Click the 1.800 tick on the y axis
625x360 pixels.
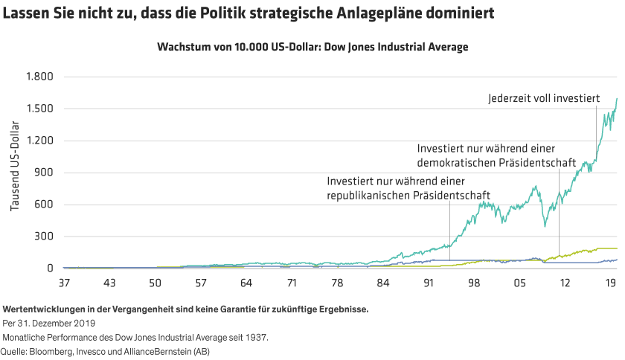pos(39,77)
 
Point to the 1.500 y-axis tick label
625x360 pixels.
pos(39,109)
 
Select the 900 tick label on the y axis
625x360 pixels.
pos(45,173)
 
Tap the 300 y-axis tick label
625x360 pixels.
pos(45,237)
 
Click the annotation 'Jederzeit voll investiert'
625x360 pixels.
pos(543,97)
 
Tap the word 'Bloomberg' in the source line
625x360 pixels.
pos(54,351)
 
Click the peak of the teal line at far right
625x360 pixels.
pos(617,98)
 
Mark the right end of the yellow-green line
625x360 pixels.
pos(617,248)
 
